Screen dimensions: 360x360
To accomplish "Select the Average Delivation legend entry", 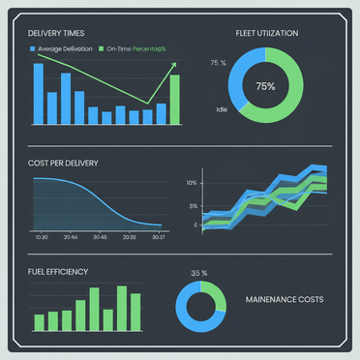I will pyautogui.click(x=68, y=47).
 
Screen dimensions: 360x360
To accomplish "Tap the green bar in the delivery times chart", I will pyautogui.click(x=175, y=101).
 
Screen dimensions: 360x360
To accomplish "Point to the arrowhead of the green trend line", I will pyautogui.click(x=174, y=65).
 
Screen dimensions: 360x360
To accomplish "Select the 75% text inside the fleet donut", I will pyautogui.click(x=265, y=86).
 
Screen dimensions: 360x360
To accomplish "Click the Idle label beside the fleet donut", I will pyautogui.click(x=222, y=109).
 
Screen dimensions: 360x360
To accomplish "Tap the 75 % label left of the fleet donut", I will pyautogui.click(x=218, y=63).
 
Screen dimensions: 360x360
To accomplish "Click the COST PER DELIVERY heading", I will pyautogui.click(x=63, y=163).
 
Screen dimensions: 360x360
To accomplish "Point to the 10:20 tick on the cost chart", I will pyautogui.click(x=41, y=237).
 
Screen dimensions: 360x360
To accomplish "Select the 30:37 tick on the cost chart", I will pyautogui.click(x=158, y=237).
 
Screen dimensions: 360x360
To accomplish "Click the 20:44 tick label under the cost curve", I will pyautogui.click(x=71, y=237).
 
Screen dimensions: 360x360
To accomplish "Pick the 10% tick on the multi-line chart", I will pyautogui.click(x=192, y=183).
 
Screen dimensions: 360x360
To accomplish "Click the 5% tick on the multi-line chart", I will pyautogui.click(x=194, y=206).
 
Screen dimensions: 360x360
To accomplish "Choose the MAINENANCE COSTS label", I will pyautogui.click(x=285, y=299).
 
